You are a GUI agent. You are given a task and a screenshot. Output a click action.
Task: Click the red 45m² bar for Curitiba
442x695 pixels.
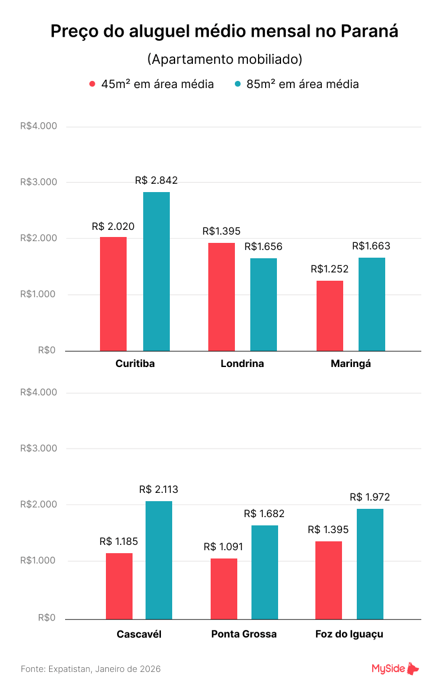(113, 294)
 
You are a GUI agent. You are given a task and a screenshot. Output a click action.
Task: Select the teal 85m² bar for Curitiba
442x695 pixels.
(156, 271)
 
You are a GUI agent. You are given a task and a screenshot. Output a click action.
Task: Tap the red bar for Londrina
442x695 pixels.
(221, 297)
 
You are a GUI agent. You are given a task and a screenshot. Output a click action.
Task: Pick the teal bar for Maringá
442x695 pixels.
(372, 304)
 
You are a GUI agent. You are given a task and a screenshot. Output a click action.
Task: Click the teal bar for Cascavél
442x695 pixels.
(159, 560)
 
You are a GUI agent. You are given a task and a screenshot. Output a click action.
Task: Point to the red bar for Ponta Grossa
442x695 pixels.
(224, 589)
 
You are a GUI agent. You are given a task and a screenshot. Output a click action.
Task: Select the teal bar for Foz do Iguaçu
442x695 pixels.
(370, 564)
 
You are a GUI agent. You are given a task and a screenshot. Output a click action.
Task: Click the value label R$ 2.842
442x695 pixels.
(156, 181)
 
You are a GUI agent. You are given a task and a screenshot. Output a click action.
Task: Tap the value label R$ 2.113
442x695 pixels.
(159, 489)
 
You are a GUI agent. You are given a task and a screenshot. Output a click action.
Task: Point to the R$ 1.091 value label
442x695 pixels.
(223, 547)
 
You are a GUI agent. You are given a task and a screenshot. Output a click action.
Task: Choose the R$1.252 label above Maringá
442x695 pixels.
(330, 269)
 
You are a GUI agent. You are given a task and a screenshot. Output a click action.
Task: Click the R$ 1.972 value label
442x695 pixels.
(370, 497)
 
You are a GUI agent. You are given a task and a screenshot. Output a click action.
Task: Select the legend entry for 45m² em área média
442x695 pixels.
(151, 84)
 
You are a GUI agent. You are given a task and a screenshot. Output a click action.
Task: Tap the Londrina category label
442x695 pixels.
(242, 363)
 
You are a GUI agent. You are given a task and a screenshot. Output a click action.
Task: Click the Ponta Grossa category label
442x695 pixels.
(244, 634)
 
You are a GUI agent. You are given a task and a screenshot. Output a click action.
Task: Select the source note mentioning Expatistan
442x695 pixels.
(91, 669)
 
